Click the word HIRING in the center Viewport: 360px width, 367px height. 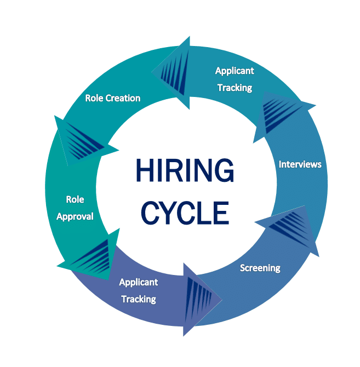(x=184, y=171)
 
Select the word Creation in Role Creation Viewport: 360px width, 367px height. (x=123, y=98)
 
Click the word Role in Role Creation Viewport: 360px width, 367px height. (x=94, y=98)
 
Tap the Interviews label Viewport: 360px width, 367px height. (x=300, y=164)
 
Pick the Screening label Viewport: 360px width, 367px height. (x=260, y=268)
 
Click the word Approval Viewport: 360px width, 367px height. (x=75, y=216)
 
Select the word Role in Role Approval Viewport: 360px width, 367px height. (x=75, y=199)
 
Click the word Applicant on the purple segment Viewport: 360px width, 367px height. (x=139, y=282)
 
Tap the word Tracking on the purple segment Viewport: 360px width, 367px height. (x=139, y=299)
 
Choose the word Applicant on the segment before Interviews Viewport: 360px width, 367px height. (x=235, y=71)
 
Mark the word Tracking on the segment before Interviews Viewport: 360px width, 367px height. (x=235, y=88)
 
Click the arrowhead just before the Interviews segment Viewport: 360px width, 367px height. (x=282, y=115)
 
